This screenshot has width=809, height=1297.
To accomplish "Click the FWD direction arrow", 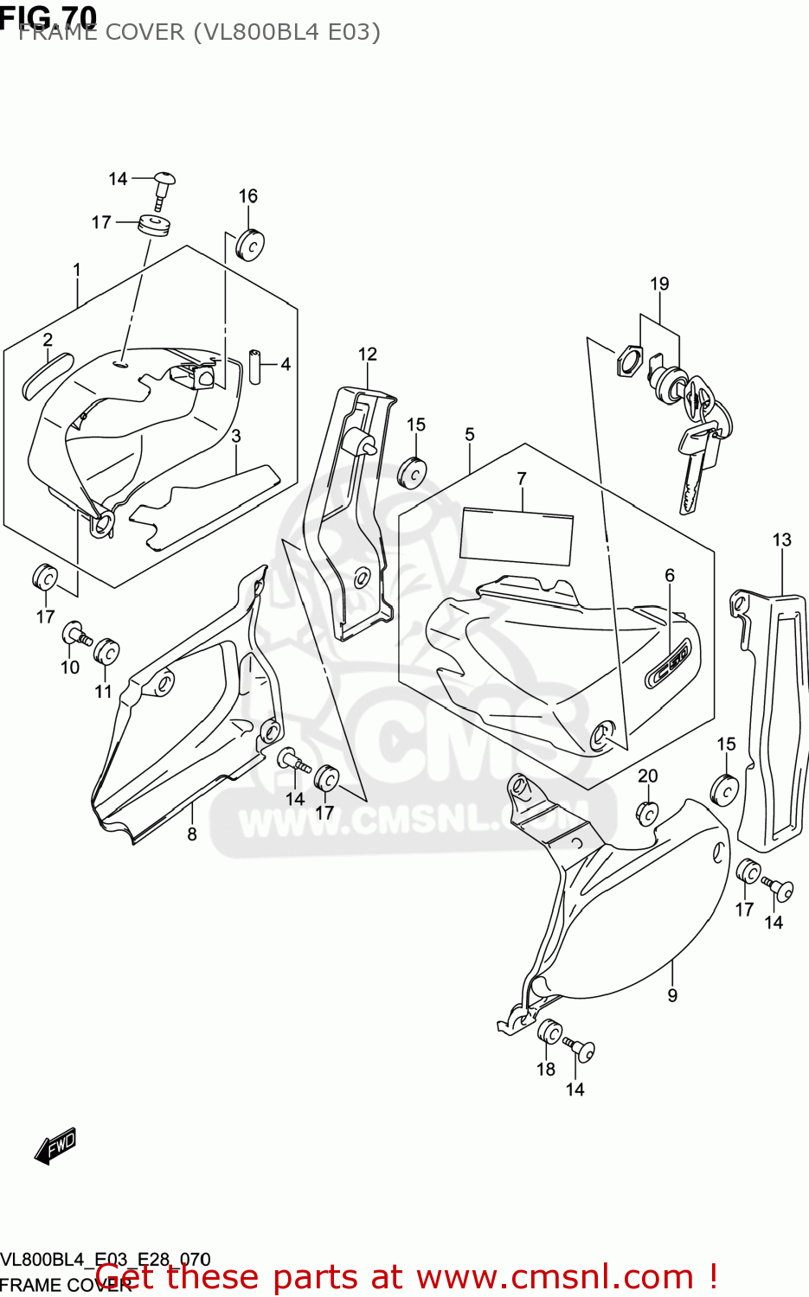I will [55, 1146].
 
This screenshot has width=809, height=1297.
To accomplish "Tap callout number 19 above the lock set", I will [659, 284].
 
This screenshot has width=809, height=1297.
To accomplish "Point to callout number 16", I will [248, 196].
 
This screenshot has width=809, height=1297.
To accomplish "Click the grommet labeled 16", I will [251, 245].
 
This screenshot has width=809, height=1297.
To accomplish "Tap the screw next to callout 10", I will [75, 636].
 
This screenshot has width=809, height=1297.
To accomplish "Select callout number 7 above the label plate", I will [522, 478].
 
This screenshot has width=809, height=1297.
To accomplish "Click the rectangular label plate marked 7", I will [517, 536].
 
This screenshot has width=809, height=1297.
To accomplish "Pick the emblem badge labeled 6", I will [669, 665].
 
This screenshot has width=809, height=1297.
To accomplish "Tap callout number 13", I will [781, 540].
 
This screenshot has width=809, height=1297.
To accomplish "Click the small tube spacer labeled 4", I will [257, 365].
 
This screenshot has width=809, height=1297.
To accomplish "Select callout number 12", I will [368, 355].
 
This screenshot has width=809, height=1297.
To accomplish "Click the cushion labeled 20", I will [647, 812].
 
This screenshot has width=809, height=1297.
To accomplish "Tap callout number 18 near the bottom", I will [545, 1070].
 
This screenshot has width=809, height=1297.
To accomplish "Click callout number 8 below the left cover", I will [192, 834].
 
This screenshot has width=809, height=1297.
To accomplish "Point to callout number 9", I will [672, 996].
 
